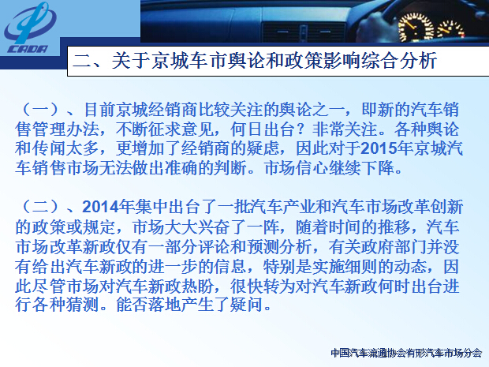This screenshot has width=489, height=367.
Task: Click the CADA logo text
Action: point(28,49)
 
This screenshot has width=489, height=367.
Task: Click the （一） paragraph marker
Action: point(41,110)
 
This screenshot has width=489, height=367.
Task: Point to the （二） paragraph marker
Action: point(41,207)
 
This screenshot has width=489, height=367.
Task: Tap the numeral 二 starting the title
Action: point(82,61)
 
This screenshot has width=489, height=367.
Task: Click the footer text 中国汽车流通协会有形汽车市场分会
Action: point(406,353)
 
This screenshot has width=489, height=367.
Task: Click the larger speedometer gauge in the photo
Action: point(416,27)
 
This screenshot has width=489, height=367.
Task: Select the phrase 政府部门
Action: point(379,246)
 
